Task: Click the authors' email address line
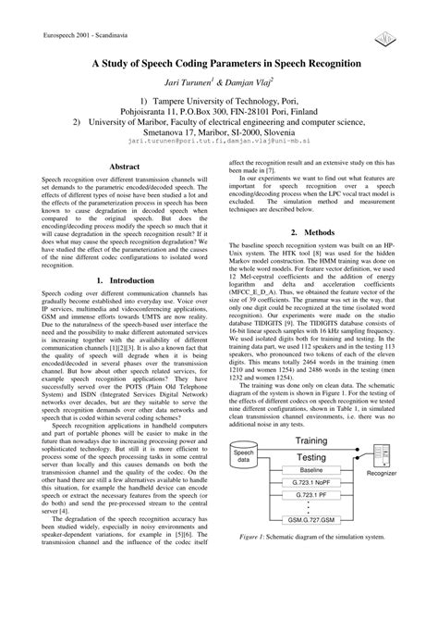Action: tap(218, 143)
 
